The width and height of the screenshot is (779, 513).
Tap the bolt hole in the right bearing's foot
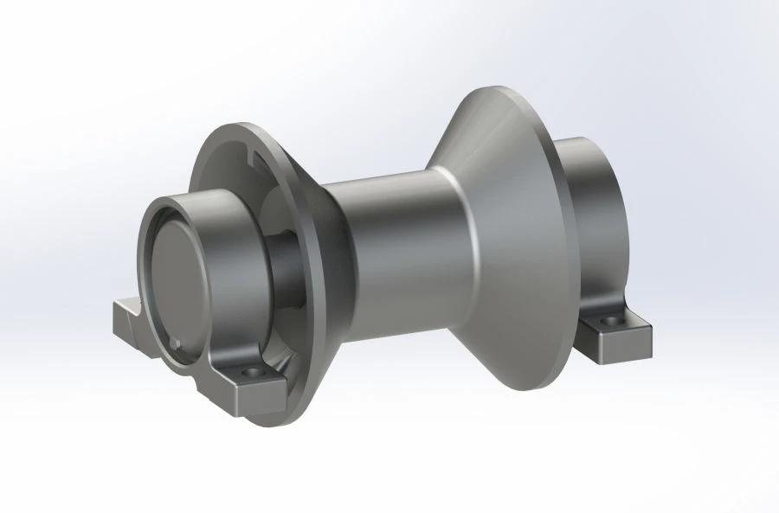pos(615,322)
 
